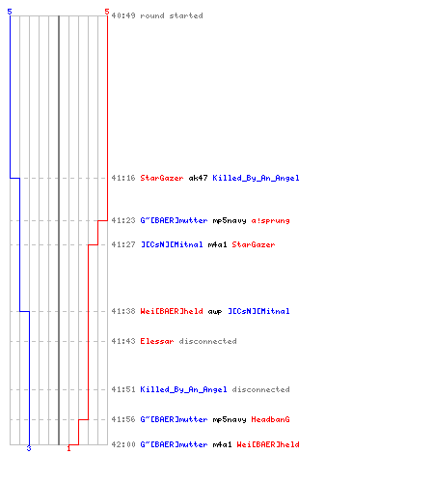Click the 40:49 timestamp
[123, 15]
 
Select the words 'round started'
[172, 15]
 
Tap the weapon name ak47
[198, 178]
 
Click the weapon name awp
[215, 311]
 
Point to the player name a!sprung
[270, 220]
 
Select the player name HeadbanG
[270, 419]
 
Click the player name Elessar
[157, 341]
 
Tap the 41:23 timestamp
[123, 220]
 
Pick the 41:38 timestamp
[123, 311]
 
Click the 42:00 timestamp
[123, 444]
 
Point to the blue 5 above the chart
[10, 12]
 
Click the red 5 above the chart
[107, 12]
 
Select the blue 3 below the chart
[29, 448]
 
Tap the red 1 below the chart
[68, 448]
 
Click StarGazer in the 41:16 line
[162, 178]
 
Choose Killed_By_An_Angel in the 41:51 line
[183, 389]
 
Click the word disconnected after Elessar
[207, 341]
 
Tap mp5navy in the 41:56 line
[230, 419]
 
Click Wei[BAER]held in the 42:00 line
[268, 444]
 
